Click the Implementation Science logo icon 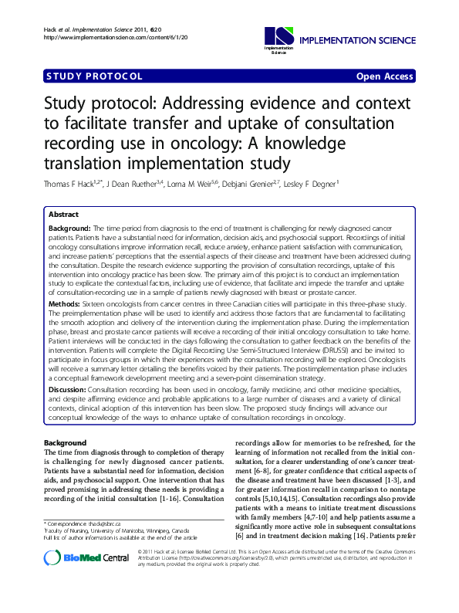pyautogui.click(x=279, y=36)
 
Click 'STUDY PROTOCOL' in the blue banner pyautogui.click(x=95, y=76)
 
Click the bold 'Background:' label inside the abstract pyautogui.click(x=70, y=229)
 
